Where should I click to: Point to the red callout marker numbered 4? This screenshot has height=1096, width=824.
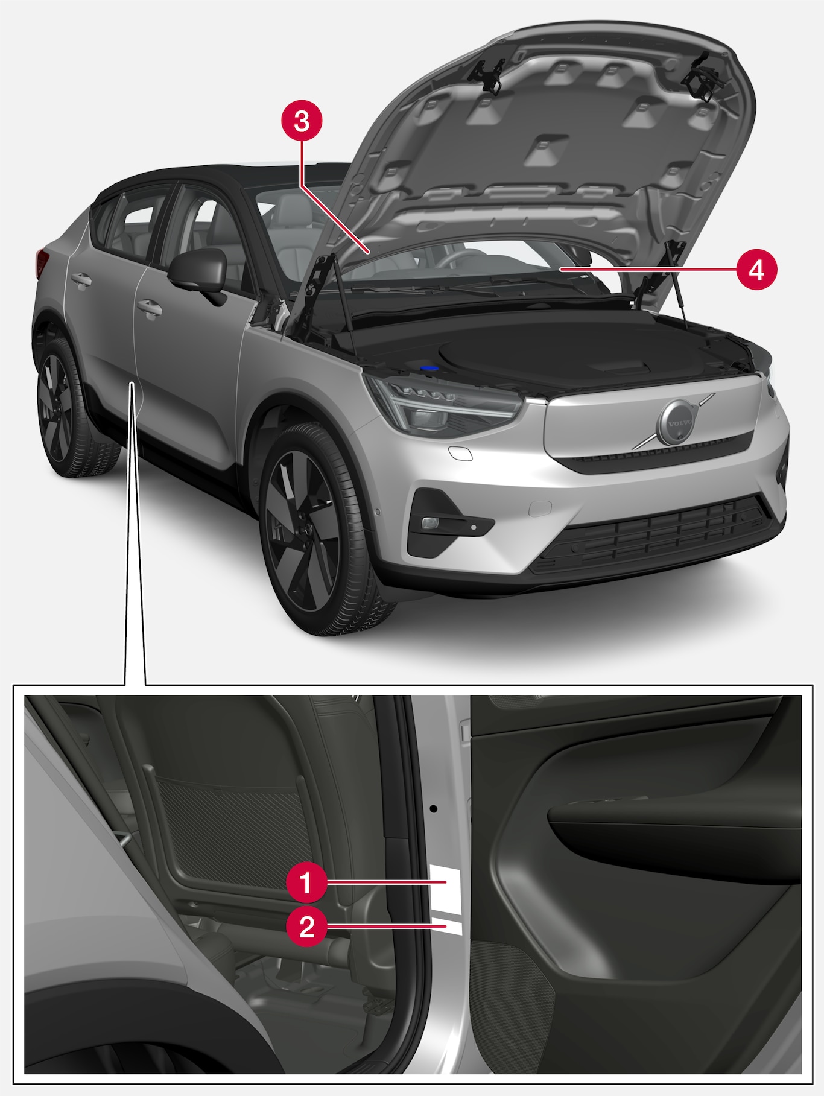[756, 270]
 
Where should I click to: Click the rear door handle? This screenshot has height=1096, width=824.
[81, 280]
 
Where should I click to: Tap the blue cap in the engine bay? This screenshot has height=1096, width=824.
[429, 367]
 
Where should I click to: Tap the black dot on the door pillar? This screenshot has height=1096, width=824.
[433, 807]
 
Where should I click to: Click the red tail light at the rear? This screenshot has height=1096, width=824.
[42, 263]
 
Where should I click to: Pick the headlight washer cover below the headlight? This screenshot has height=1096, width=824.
[460, 454]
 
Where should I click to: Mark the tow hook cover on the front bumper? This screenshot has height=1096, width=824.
[540, 508]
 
